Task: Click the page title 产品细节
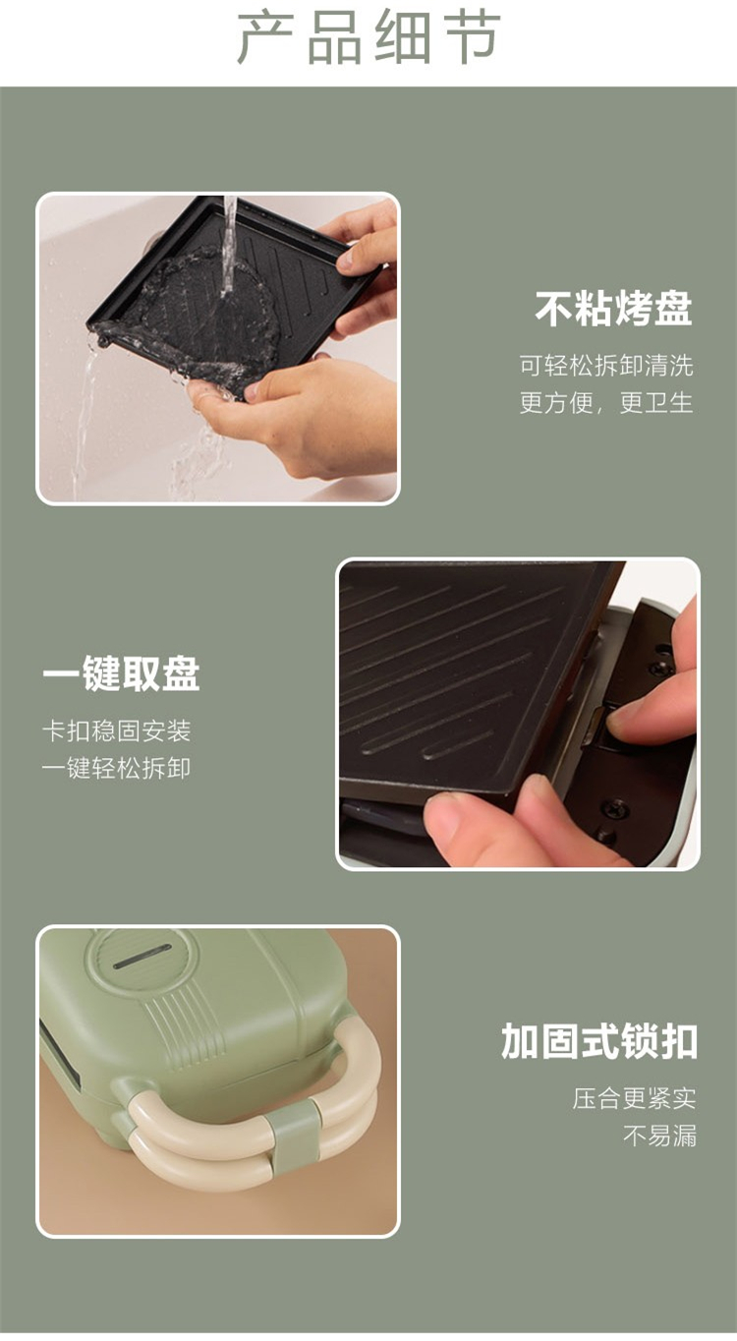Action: click(x=368, y=37)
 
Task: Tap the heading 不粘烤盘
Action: click(x=613, y=309)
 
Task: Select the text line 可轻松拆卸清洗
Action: click(x=606, y=365)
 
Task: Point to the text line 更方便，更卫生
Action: click(x=606, y=402)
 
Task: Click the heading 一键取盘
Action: click(x=121, y=673)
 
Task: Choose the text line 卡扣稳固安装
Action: click(x=117, y=731)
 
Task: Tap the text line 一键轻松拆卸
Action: click(x=117, y=768)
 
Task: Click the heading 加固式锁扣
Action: click(x=599, y=1042)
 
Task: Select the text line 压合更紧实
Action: click(x=634, y=1098)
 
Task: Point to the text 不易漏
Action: click(x=659, y=1136)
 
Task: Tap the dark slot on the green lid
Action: click(x=142, y=957)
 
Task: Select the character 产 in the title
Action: click(x=264, y=37)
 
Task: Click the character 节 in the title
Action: click(x=473, y=37)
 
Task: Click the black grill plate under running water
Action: click(x=227, y=299)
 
